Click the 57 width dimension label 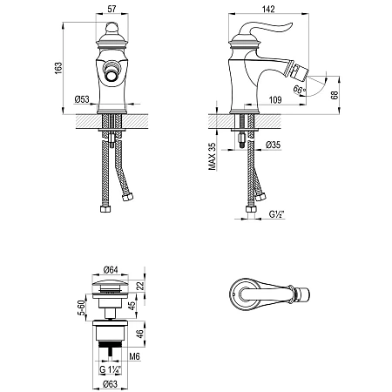[x=112, y=9]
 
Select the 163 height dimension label [x=58, y=68]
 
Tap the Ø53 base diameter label [x=82, y=99]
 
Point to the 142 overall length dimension [x=268, y=9]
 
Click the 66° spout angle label [x=300, y=89]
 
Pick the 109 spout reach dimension [x=275, y=100]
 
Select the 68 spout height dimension [x=335, y=95]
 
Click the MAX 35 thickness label [x=213, y=156]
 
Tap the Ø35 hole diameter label [x=274, y=145]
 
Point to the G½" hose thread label [x=276, y=214]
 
